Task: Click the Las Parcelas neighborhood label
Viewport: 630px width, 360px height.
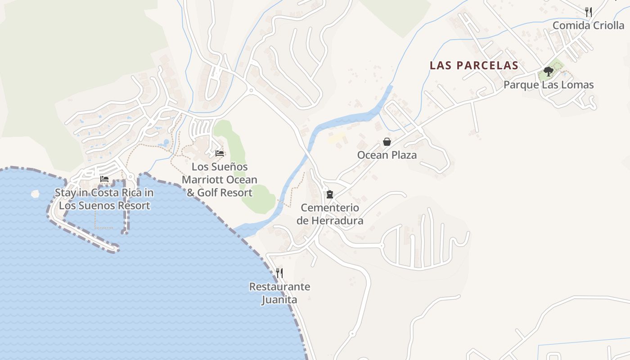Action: tap(474, 65)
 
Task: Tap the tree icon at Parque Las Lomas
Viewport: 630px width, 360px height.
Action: tap(548, 71)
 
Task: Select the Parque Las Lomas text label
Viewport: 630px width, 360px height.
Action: tap(548, 85)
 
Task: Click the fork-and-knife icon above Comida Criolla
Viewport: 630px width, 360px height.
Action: tap(588, 12)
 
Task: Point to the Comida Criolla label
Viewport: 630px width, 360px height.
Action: tap(588, 25)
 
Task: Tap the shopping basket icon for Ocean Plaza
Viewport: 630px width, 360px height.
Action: tap(387, 142)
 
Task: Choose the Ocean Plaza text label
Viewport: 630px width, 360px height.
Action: tap(387, 155)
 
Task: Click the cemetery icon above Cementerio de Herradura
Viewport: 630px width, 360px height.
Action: tap(330, 194)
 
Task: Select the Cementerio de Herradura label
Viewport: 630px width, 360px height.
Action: tap(330, 214)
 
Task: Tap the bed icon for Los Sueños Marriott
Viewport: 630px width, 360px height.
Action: tap(220, 153)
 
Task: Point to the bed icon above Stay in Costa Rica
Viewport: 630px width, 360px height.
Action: tap(104, 179)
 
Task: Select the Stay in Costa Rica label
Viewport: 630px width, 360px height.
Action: tap(104, 199)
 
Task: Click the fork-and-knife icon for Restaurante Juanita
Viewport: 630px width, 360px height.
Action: tap(279, 273)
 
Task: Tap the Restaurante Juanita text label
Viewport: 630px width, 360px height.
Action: tap(279, 293)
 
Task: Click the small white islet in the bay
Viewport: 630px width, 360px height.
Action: tap(35, 193)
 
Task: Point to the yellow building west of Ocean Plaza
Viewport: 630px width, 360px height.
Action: tap(336, 138)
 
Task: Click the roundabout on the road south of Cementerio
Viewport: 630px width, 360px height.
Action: tap(352, 333)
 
